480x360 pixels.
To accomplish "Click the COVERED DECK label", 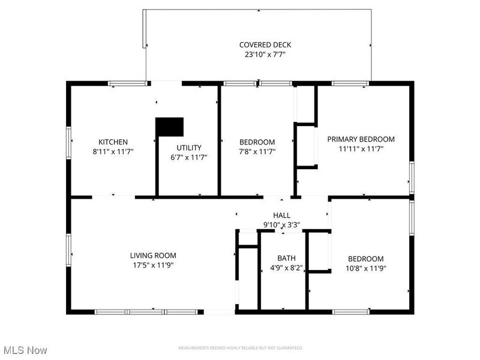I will [x=257, y=45].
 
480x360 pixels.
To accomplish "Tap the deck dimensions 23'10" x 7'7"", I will [x=257, y=54].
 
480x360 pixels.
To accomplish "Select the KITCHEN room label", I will [x=113, y=142].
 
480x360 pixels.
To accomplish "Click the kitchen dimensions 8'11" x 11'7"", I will [x=113, y=152].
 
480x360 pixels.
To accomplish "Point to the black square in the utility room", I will [x=169, y=127].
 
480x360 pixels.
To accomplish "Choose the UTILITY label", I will [x=188, y=148].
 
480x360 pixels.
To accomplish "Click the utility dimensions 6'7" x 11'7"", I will [x=188, y=157].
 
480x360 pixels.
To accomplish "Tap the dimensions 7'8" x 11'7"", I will [x=257, y=152].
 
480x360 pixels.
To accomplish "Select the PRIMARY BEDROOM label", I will [x=361, y=139].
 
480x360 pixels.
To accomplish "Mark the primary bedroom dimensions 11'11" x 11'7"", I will [x=361, y=148].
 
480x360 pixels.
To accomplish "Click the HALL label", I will [x=281, y=215].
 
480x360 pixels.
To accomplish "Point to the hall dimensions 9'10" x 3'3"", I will [x=281, y=224].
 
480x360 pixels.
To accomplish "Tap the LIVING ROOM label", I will [x=154, y=255].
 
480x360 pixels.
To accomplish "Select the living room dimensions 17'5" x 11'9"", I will [x=154, y=265].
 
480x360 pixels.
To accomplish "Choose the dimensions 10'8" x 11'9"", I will [x=365, y=268].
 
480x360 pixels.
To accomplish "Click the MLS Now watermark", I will [x=25, y=349].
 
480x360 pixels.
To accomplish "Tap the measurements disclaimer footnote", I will [x=240, y=348].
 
